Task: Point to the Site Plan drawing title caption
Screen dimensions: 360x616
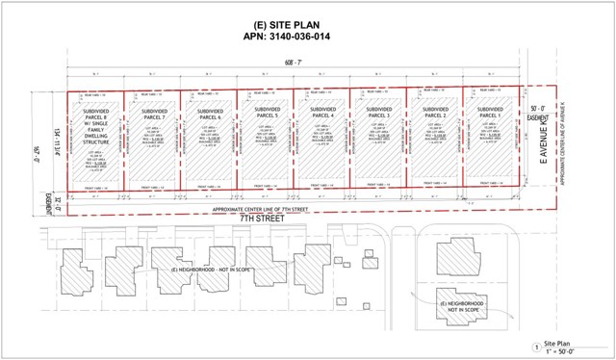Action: [x=559, y=342]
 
